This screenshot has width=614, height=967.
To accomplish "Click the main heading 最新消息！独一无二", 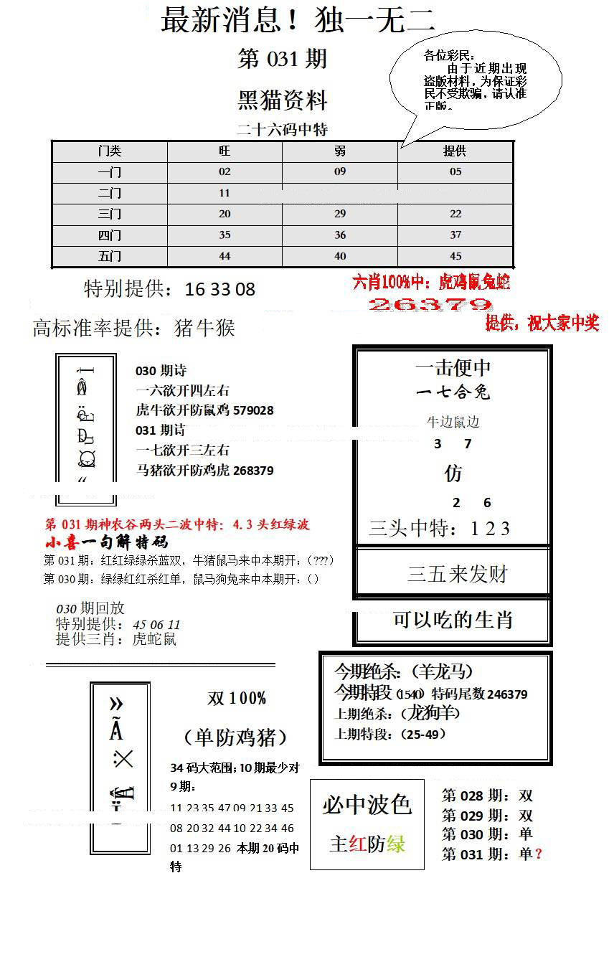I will [x=298, y=20].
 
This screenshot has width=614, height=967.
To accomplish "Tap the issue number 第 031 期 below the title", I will [x=282, y=60].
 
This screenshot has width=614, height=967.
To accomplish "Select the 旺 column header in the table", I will [x=225, y=151].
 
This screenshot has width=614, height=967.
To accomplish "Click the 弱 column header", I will [x=340, y=151].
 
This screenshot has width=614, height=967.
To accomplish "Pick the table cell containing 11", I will [x=225, y=193].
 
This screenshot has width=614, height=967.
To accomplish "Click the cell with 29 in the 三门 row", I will [x=340, y=214].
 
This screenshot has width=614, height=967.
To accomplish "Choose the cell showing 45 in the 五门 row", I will [x=455, y=256].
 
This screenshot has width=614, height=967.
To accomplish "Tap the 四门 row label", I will [x=110, y=235].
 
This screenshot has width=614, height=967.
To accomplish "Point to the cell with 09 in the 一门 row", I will [x=340, y=172].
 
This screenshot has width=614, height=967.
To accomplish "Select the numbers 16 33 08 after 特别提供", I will [x=219, y=290].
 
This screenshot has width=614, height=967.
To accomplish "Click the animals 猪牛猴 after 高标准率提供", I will [x=204, y=329].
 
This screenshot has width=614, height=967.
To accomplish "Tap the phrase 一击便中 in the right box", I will [x=453, y=368].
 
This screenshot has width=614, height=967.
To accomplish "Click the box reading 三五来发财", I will [x=457, y=574].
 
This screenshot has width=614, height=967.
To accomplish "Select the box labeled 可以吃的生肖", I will [x=453, y=620].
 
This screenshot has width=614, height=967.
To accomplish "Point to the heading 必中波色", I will [x=367, y=805].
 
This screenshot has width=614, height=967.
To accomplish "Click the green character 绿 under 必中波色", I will [x=396, y=844].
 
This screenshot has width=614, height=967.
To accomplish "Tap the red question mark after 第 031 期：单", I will [x=539, y=854].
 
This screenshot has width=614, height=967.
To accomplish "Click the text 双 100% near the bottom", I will [x=237, y=699].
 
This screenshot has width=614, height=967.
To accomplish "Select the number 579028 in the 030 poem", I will [x=252, y=410].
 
